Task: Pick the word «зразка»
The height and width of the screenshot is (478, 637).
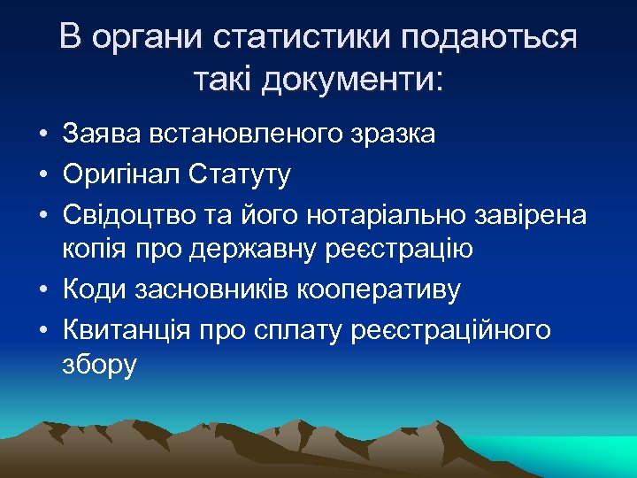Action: click(x=391, y=135)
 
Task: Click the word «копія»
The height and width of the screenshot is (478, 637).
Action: click(x=94, y=250)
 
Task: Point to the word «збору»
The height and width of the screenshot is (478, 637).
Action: click(x=100, y=365)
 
